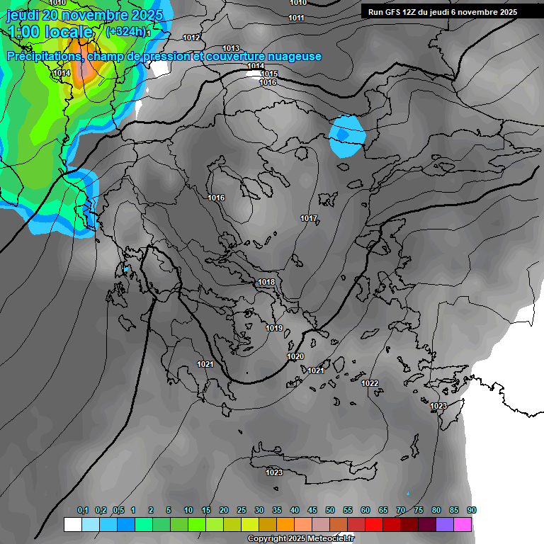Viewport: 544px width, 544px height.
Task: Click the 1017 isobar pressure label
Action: point(309,218)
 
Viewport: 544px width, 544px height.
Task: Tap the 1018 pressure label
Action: point(266,283)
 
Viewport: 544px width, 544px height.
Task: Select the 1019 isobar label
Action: point(274,328)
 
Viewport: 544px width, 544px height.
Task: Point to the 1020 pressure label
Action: point(295,356)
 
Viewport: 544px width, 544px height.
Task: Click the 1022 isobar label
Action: point(370,383)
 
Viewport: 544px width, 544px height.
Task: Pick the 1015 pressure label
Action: point(269,74)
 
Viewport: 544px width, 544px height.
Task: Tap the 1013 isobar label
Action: point(231,48)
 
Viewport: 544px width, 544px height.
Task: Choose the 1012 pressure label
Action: point(191,38)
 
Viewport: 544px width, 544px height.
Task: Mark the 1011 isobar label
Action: point(297,18)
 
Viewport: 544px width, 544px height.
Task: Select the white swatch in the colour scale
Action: point(72,525)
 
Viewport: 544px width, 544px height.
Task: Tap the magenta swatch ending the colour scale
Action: point(463,525)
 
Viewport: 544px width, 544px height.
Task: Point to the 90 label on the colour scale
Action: point(472,511)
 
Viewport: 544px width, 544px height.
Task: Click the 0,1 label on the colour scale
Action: point(83,511)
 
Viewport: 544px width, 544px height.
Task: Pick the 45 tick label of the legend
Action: point(312,511)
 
